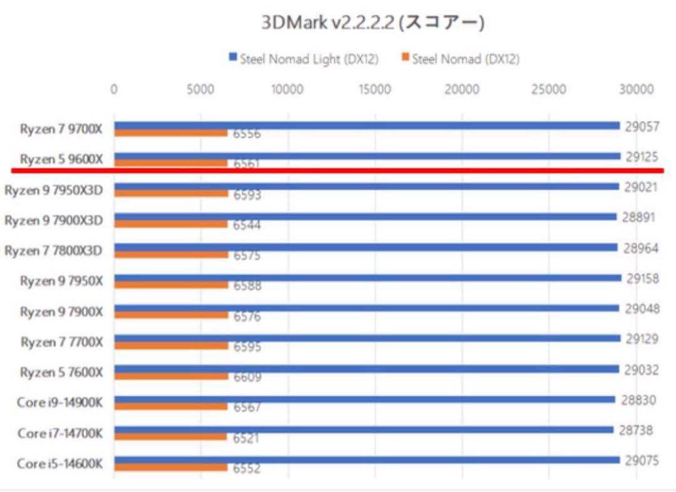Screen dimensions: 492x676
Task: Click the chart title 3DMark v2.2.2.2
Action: (372, 23)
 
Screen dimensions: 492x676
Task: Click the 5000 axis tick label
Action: (200, 90)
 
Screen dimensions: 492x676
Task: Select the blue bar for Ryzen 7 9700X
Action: (367, 125)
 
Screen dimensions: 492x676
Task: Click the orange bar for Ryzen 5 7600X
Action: (171, 376)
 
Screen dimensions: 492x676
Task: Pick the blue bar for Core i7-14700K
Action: (363, 429)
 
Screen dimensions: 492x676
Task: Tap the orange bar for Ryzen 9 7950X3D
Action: (171, 193)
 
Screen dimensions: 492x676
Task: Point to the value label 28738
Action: (635, 430)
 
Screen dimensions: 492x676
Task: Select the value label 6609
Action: (247, 377)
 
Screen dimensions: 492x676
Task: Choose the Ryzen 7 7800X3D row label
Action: (54, 250)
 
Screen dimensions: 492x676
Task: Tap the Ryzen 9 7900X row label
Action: (61, 312)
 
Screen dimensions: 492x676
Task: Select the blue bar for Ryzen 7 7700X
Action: (367, 338)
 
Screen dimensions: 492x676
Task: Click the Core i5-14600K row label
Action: (60, 464)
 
